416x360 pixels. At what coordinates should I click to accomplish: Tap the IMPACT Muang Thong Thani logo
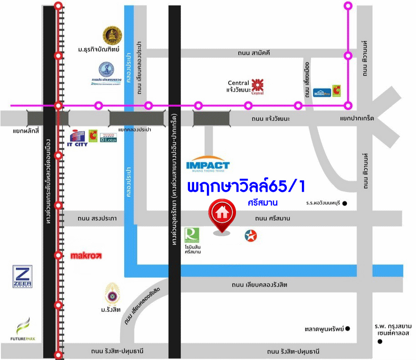[x=208, y=166]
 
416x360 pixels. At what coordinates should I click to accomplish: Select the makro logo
[x=86, y=256]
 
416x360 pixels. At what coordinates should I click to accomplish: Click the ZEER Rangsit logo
[x=22, y=277]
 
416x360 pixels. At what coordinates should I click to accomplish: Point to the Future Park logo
[x=23, y=330]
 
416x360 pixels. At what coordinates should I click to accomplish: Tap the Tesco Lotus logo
[x=108, y=137]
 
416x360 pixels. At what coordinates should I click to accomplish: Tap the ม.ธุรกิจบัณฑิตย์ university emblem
[x=110, y=35]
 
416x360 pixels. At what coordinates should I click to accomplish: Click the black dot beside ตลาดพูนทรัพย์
[x=348, y=329]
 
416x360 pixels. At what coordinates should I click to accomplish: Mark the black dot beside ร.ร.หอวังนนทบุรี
[x=345, y=203]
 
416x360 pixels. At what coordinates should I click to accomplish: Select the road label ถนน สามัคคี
[x=254, y=53]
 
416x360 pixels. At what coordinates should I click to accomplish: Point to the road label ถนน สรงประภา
[x=97, y=219]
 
